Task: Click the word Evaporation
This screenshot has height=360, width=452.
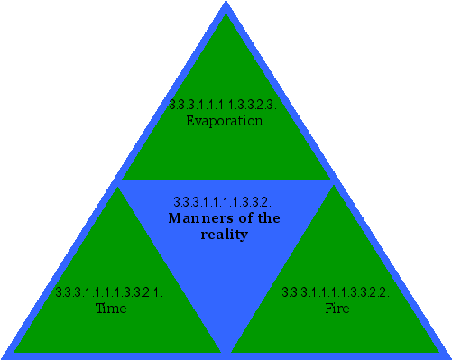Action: tap(224, 121)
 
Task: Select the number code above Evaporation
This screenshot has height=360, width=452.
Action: tap(224, 105)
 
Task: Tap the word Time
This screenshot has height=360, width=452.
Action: tap(111, 309)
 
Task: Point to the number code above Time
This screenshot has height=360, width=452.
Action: tap(108, 292)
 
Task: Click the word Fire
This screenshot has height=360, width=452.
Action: tap(337, 309)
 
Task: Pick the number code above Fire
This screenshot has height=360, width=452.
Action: tap(336, 292)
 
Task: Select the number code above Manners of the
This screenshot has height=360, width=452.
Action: tap(222, 201)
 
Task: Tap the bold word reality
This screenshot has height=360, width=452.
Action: tap(224, 235)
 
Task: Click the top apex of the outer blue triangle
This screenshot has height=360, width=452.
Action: tap(226, 3)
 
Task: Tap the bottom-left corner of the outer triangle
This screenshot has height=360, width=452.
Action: tap(4, 356)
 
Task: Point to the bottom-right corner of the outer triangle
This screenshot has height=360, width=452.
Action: tap(448, 356)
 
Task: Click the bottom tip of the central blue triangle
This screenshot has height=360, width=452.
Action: tap(226, 350)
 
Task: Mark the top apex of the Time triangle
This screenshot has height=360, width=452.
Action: tap(117, 188)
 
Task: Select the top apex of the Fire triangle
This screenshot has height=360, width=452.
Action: tap(336, 188)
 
